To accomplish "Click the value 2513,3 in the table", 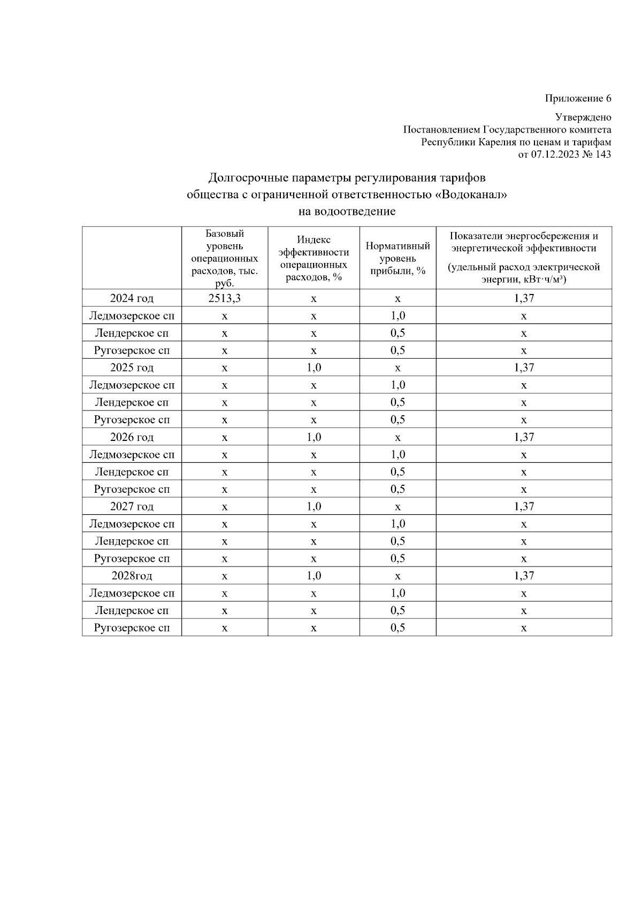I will point(224,298).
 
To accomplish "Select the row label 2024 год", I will point(132,298).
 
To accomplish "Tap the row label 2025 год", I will point(132,368).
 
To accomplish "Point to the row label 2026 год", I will point(132,437).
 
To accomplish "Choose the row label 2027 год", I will point(132,507).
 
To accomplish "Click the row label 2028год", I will point(132,576).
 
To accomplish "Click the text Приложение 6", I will point(578,98).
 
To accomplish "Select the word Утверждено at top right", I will point(583,117).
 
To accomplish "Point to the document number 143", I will point(603,154).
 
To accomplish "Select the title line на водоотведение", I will point(347,212).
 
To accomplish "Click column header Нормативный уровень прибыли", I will point(398,258).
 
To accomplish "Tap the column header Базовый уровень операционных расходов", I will point(225,258).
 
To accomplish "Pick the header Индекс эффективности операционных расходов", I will point(314,258).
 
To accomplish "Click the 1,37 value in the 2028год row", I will point(524,576).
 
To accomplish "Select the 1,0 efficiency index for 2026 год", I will point(314,437).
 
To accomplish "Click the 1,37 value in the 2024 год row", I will point(524,298).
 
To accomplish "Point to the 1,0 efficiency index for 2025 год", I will point(314,368).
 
